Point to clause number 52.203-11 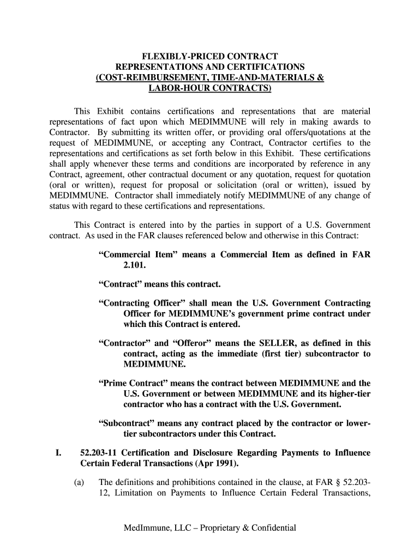coord(99,453)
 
